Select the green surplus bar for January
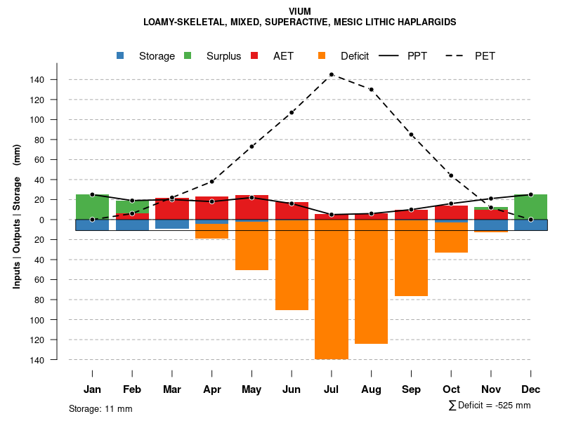(x=92, y=207)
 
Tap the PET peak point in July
(x=332, y=74)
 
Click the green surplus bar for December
(x=530, y=207)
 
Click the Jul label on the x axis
(x=332, y=389)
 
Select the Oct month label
(x=451, y=389)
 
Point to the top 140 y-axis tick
(x=57, y=80)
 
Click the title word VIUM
(x=299, y=11)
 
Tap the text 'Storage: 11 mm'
(x=100, y=408)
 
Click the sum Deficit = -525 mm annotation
(x=489, y=406)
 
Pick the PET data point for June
(x=292, y=112)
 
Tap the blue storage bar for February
(x=132, y=225)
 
